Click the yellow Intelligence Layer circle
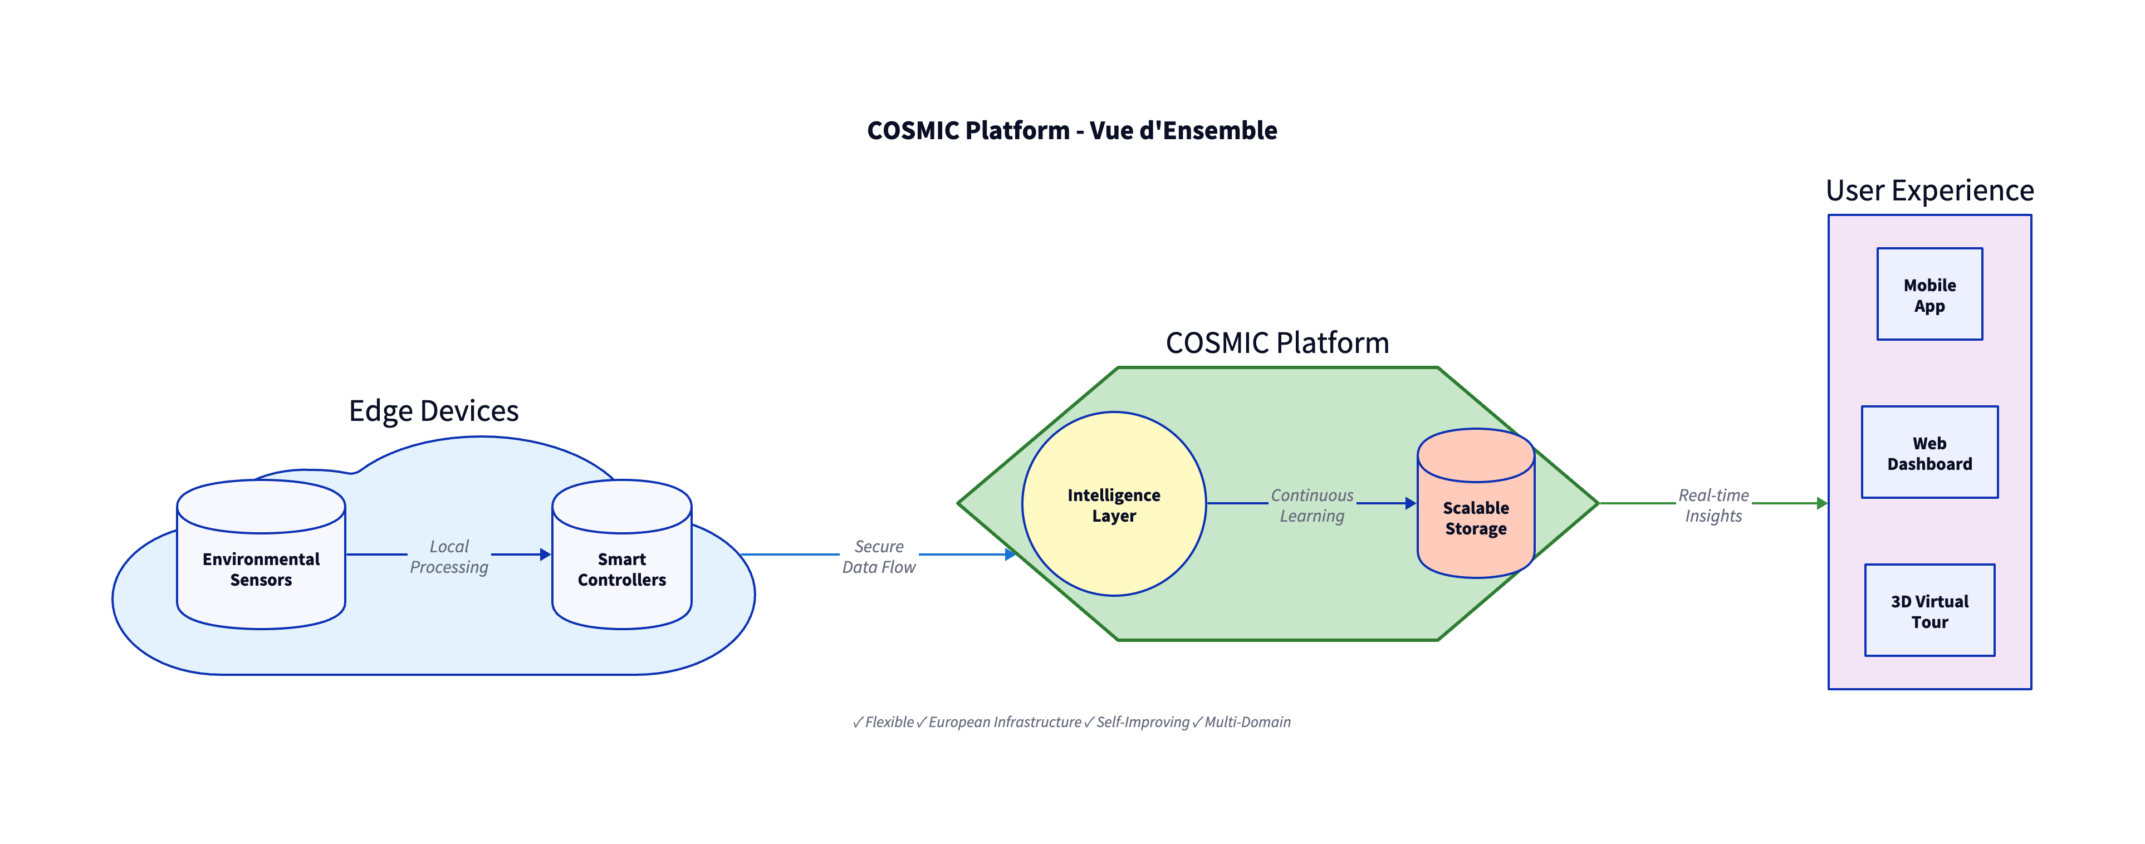[1113, 504]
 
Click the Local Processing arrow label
[449, 556]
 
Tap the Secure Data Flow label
[879, 556]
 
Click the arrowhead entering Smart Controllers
[545, 555]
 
